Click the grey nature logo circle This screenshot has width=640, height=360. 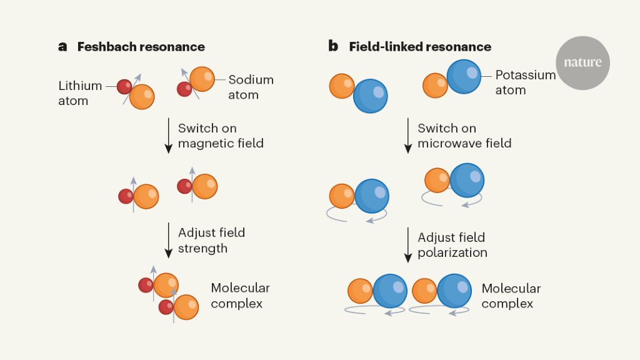click(x=582, y=62)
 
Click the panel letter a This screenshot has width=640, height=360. click(x=62, y=47)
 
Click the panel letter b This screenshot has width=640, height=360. click(x=333, y=47)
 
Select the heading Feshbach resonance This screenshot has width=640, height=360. click(x=141, y=47)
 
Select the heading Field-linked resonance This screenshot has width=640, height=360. click(x=420, y=47)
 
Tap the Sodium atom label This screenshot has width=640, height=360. click(x=251, y=87)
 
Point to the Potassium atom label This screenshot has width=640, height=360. click(x=525, y=82)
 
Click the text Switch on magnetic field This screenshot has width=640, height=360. click(x=221, y=136)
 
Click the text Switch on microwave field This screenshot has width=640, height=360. click(x=464, y=136)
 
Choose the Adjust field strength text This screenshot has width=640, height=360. click(x=211, y=240)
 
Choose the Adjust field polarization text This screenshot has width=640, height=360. click(x=452, y=245)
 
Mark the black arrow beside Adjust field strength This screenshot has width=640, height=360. click(x=168, y=240)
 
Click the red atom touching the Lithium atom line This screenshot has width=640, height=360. click(x=125, y=86)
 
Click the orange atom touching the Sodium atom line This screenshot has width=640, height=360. click(x=202, y=79)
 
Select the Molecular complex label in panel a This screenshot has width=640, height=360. click(x=240, y=296)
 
